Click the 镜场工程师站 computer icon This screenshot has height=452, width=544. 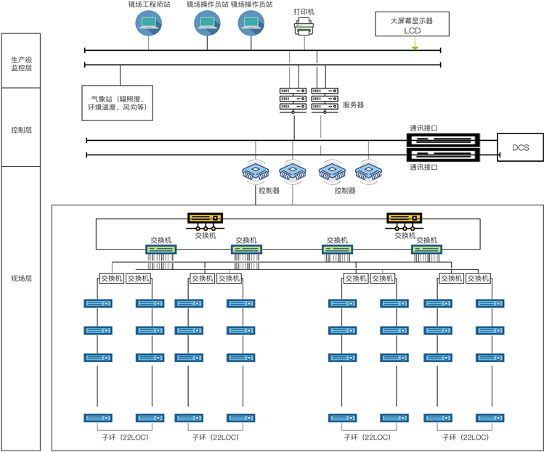pos(150,24)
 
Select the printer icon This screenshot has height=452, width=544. pos(304,28)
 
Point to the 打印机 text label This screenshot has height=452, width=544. pos(304,12)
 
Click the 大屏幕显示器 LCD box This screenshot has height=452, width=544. pos(412,25)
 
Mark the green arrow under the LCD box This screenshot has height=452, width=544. pos(415,46)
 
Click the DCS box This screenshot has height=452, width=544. pos(520,148)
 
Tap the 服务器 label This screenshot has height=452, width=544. pos(353,105)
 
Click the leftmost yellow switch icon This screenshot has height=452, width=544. pos(206,218)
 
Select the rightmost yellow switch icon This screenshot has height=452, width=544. pos(405,218)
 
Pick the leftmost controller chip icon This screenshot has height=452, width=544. pos(255,172)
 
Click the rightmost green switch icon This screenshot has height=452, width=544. pos(426,250)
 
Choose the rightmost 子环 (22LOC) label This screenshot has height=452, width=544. pos(464,437)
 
